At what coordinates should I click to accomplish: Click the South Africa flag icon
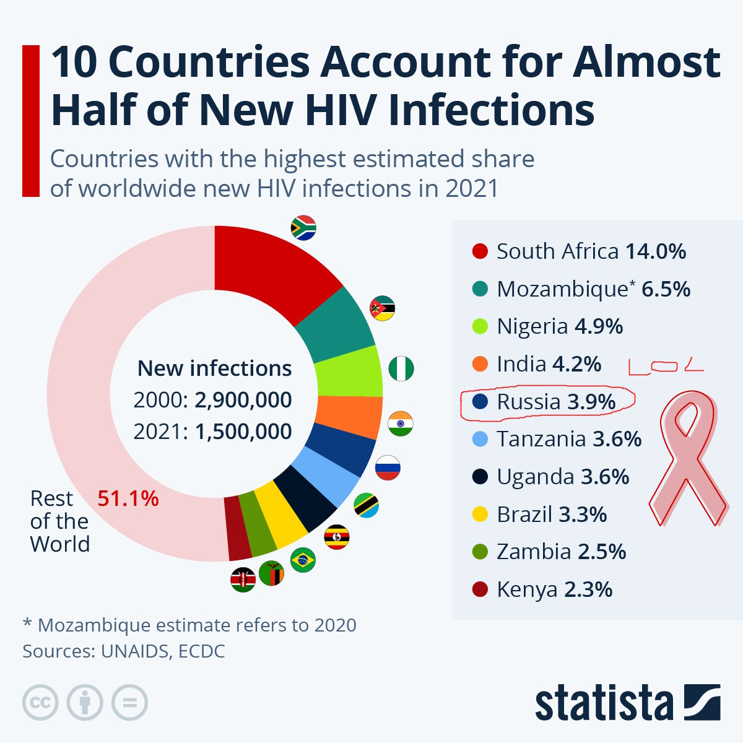(x=303, y=228)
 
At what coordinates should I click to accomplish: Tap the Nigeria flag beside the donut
(x=401, y=369)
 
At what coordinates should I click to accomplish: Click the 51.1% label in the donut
(x=128, y=498)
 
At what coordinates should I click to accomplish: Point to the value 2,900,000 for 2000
(x=243, y=400)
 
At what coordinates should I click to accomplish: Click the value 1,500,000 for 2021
(x=243, y=432)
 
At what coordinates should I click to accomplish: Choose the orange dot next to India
(x=480, y=364)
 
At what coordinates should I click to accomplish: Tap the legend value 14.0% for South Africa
(x=656, y=251)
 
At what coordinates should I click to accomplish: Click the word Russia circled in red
(x=528, y=402)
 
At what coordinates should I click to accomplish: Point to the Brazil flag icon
(x=303, y=560)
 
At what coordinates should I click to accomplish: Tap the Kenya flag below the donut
(x=243, y=580)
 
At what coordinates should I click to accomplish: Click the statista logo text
(x=604, y=703)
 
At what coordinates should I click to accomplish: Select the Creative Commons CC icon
(x=40, y=703)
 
